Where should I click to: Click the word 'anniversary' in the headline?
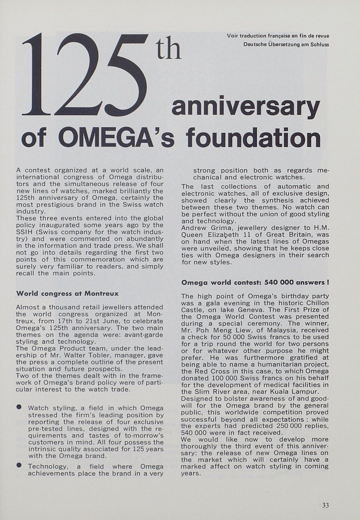(245, 107)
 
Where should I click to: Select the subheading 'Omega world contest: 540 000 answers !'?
(255, 282)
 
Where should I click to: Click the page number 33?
(325, 505)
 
